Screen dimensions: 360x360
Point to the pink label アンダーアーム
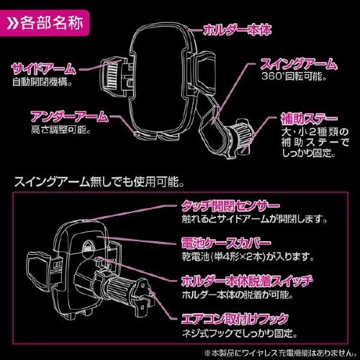(70, 116)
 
